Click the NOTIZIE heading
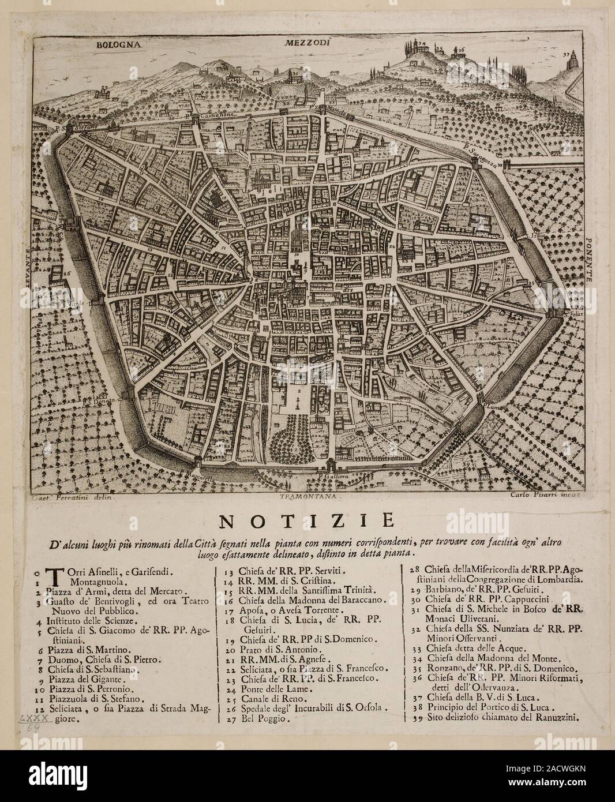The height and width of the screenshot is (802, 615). [x=307, y=520]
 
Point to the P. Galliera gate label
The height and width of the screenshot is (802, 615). [x=331, y=477]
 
